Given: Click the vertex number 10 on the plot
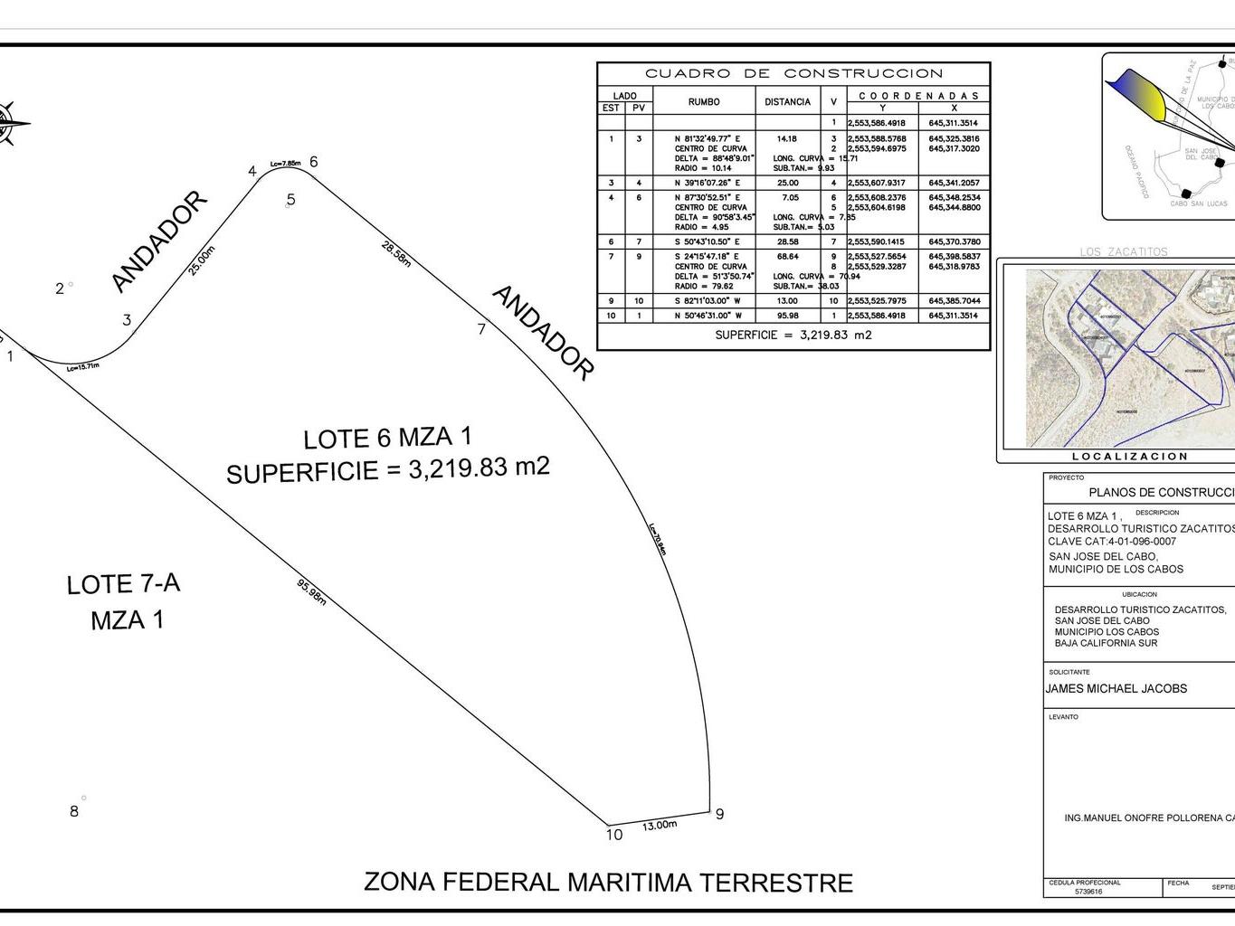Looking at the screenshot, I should coord(614,835).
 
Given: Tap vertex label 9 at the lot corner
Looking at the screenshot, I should coord(719,814).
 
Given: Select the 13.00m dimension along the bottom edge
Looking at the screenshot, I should coord(660,825).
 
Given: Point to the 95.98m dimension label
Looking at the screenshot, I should coord(311,591).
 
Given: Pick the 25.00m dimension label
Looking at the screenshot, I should coord(203,261).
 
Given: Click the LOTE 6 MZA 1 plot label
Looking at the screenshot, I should coord(387,438).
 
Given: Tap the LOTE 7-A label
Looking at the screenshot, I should coord(123,584).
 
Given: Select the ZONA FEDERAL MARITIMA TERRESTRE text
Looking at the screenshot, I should coord(608,882).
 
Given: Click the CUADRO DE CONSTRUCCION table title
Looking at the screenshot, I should coord(793,73).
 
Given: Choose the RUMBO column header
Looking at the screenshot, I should coord(703,102).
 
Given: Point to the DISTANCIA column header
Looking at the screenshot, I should coord(787,102).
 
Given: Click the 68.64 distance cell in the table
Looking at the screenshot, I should coord(787,257).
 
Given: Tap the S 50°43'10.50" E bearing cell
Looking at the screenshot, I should coord(707,242).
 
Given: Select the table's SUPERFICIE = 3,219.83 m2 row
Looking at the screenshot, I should coord(793,335).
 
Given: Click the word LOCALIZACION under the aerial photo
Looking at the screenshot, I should coord(1130,457).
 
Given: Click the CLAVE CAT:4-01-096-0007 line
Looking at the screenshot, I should coord(1112,542).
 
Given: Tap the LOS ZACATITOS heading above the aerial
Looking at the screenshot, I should coord(1124,252).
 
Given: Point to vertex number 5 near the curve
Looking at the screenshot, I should coord(290,200).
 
